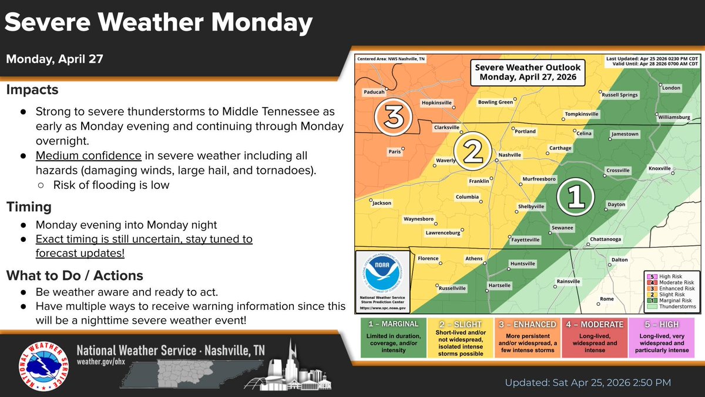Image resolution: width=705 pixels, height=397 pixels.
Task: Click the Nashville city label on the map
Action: point(510,155)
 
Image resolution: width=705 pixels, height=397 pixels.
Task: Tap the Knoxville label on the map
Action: point(659,168)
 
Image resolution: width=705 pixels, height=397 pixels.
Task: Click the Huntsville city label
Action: point(523,263)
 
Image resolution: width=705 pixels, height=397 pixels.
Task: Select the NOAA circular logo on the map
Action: point(383,275)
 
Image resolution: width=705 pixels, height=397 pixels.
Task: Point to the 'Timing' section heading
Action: point(29,207)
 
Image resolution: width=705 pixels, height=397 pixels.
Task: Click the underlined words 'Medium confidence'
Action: point(88,155)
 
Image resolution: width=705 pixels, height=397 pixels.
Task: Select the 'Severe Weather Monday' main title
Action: point(159,24)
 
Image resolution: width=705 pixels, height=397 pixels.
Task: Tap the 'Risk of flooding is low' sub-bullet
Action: point(111,185)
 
